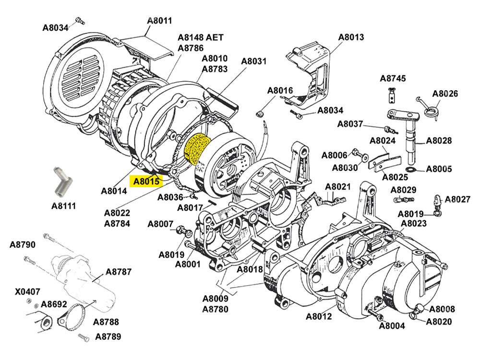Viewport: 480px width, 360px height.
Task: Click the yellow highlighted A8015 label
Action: (146, 181)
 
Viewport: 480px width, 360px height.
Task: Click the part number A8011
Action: (159, 21)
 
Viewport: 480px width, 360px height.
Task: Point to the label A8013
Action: (351, 37)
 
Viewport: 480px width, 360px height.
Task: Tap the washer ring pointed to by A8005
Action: (410, 169)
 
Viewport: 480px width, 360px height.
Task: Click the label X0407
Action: (27, 291)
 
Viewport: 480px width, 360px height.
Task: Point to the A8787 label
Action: (119, 272)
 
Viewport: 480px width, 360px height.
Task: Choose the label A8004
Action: (392, 326)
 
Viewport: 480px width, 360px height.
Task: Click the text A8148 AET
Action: (201, 37)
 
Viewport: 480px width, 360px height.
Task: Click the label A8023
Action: (414, 223)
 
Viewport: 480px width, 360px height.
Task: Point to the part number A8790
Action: (23, 245)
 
